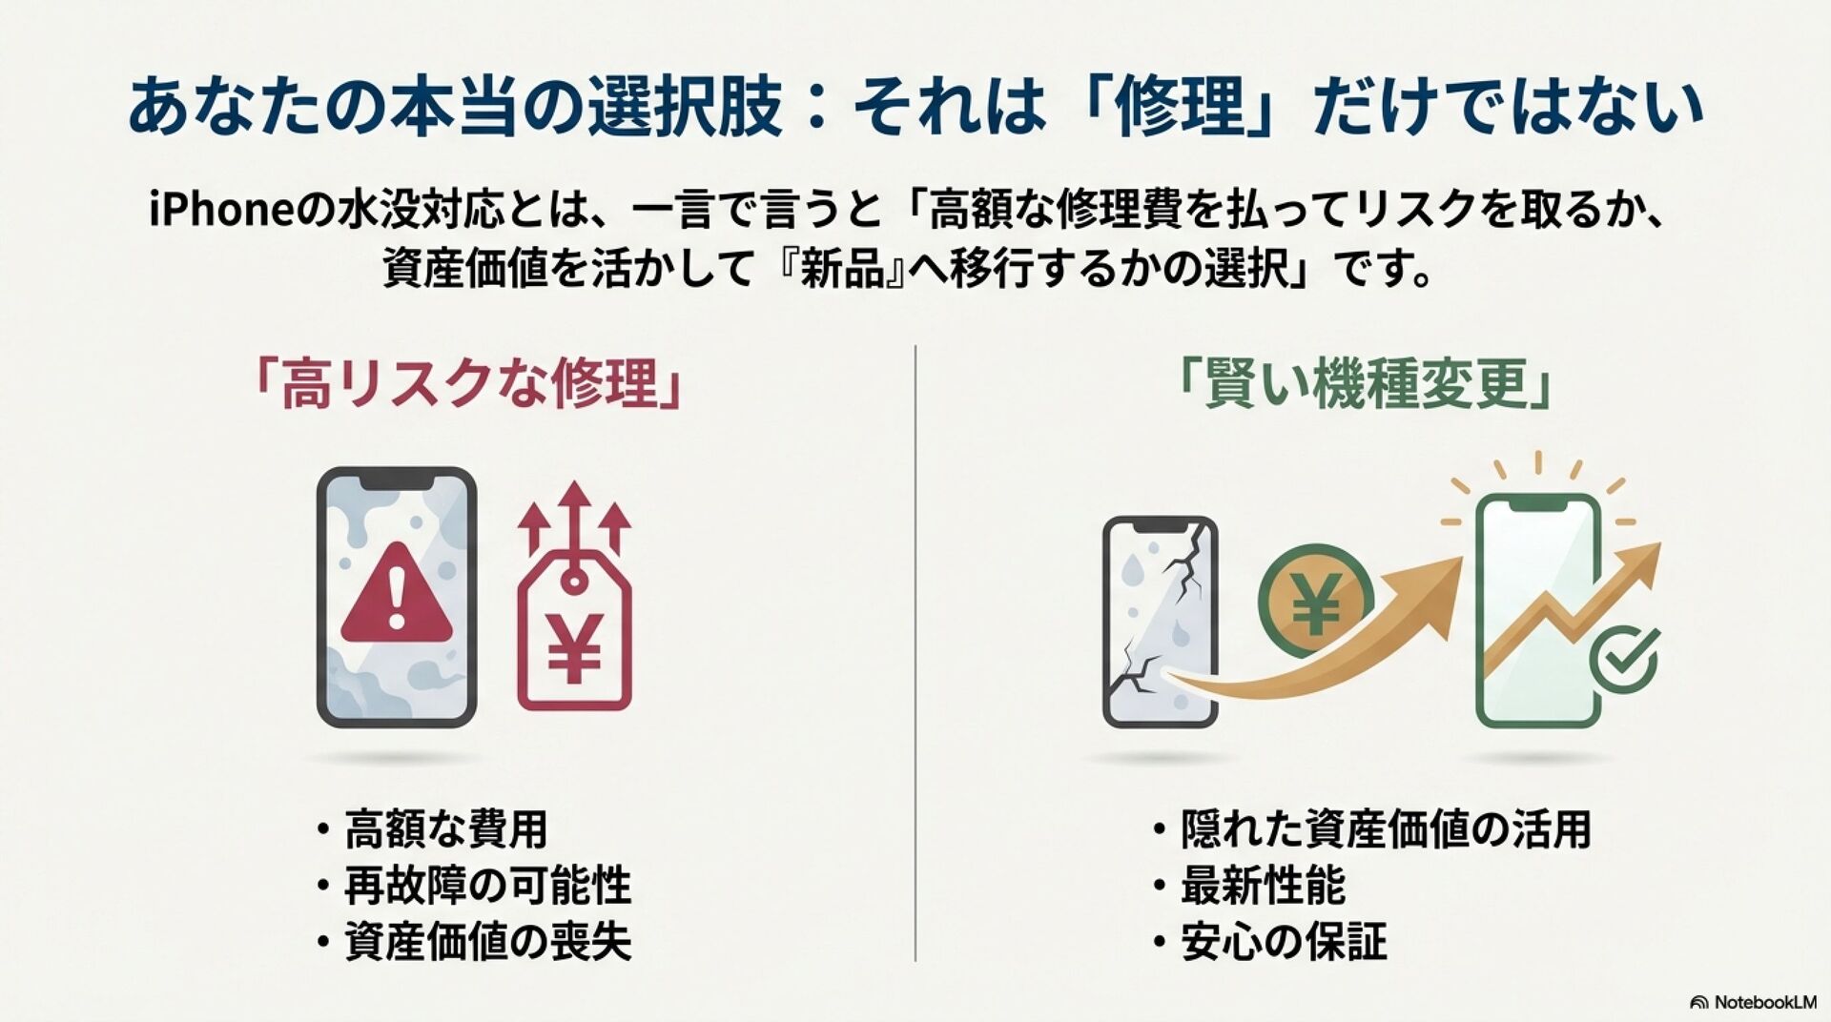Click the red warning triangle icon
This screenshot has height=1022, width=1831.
coord(396,595)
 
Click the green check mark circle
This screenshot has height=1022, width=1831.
coord(1624,658)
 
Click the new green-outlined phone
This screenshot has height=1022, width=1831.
coord(1536,610)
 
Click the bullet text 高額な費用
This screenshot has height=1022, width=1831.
coord(445,829)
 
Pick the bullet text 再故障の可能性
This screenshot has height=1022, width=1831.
coord(487,886)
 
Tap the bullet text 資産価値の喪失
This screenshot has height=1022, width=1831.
coord(487,942)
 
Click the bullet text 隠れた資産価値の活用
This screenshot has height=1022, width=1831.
coord(1386,829)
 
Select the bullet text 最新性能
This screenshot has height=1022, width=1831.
coord(1263,886)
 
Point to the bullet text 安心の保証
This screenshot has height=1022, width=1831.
coord(1284,942)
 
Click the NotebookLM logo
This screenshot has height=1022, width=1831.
coord(1753,1002)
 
